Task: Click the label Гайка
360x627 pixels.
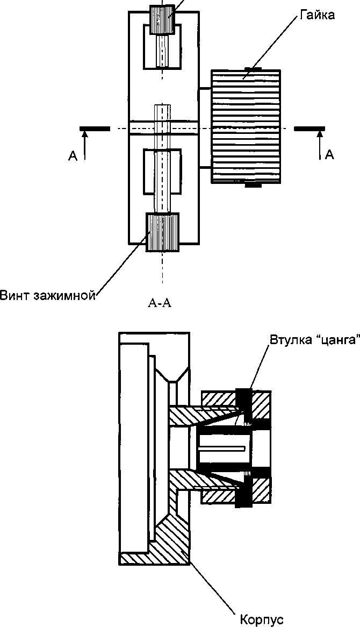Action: [x=320, y=15]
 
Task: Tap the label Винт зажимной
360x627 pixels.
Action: [x=48, y=295]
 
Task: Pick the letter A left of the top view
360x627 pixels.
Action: [x=73, y=156]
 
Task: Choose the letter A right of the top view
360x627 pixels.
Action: [x=329, y=155]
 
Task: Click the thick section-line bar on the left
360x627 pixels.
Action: [x=95, y=129]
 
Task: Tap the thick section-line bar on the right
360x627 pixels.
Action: [x=309, y=129]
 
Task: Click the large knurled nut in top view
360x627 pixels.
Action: [x=246, y=127]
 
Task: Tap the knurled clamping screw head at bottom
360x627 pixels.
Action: [x=162, y=231]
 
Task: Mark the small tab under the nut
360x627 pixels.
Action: [x=253, y=185]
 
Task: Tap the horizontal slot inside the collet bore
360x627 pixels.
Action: [x=221, y=448]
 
